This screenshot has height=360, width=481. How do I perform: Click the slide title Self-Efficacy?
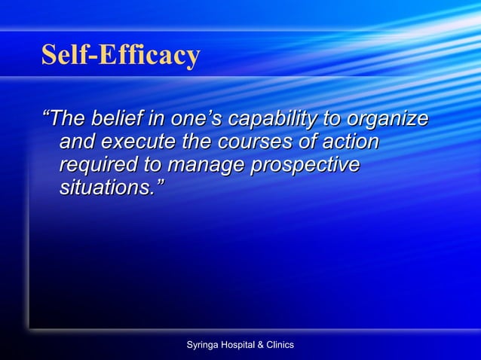tap(121, 55)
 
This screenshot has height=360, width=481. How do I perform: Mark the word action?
tap(348, 142)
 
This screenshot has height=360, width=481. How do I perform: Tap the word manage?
tap(207, 165)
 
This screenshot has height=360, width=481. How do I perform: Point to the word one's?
tap(195, 119)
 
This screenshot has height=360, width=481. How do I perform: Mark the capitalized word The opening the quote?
tap(67, 119)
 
